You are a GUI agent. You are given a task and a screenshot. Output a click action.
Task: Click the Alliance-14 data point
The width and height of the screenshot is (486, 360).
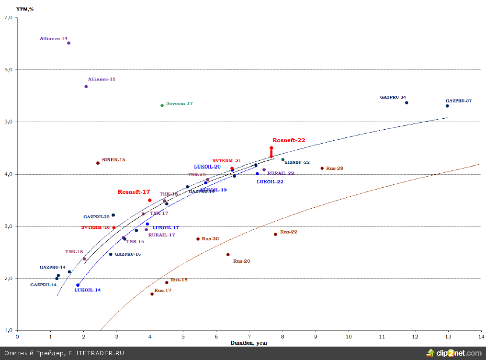pos(68,43)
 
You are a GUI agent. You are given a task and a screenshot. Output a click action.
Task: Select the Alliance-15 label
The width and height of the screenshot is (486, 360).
pos(102,79)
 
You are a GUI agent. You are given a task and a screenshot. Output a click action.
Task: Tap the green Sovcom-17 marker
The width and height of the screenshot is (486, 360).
pos(162,105)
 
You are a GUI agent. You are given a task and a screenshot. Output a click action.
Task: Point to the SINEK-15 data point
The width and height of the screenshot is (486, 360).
pos(98,163)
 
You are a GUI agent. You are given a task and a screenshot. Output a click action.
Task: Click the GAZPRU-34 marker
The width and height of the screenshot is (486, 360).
pos(407,102)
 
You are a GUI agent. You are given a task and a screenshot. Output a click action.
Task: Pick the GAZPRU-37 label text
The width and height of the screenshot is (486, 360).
pos(458,101)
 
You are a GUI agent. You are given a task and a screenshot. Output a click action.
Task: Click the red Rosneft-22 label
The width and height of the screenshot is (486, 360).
pos(288,140)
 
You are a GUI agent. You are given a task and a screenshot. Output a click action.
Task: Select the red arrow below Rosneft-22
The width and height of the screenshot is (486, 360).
pos(271,153)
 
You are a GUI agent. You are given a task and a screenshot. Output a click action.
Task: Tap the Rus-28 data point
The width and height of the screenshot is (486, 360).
pos(322,168)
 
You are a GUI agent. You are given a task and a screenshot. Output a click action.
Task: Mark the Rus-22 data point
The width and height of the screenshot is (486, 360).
pos(275,234)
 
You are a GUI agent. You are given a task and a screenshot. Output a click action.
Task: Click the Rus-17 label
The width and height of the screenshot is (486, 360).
pos(163,291)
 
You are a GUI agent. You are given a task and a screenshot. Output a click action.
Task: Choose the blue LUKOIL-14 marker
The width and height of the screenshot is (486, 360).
pos(78,285)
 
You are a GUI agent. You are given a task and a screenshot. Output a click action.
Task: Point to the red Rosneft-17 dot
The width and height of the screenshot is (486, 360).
pos(150,200)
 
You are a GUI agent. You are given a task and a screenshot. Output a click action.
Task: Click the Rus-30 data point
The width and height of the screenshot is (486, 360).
pos(198,239)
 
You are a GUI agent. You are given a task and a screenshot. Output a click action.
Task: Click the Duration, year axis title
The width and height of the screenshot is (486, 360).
pos(249,343)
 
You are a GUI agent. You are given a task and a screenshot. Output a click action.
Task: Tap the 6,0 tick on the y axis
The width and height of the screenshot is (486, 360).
pos(8,70)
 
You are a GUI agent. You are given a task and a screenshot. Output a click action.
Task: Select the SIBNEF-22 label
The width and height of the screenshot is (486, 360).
pos(297,162)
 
